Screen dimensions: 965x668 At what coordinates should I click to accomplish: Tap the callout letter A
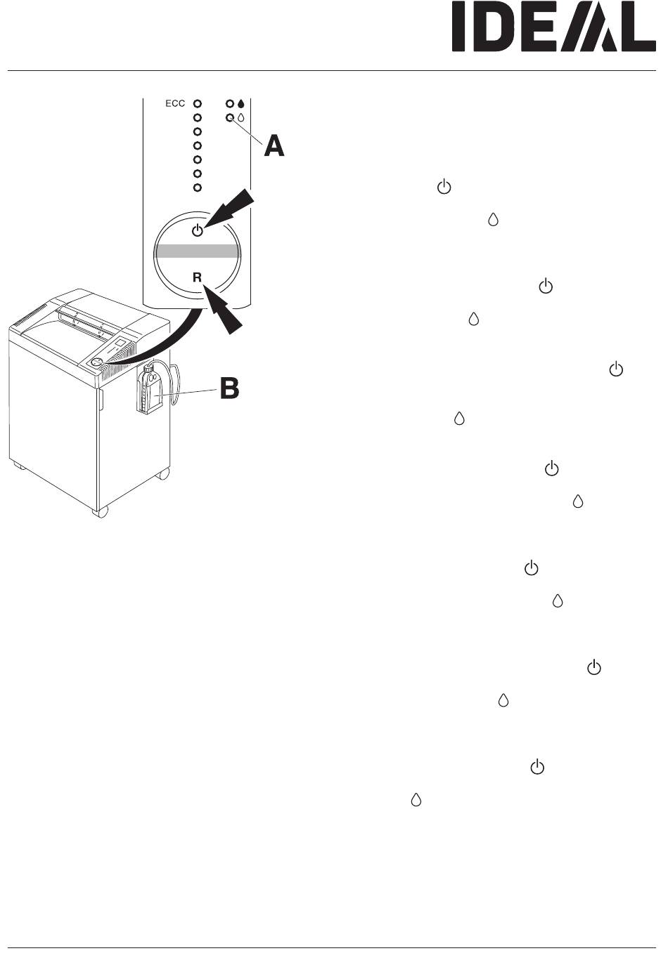(274, 146)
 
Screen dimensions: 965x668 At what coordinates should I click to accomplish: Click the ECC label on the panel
(175, 104)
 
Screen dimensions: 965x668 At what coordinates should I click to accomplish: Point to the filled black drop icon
(241, 103)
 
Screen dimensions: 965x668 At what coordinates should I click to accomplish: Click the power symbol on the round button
(198, 230)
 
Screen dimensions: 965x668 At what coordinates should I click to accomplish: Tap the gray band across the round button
(198, 251)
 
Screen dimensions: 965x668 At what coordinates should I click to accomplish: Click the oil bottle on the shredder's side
(149, 390)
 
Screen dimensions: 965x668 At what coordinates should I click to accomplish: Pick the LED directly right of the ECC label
(198, 103)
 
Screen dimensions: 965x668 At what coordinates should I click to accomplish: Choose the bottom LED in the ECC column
(198, 188)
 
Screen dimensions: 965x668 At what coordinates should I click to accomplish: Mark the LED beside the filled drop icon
(229, 103)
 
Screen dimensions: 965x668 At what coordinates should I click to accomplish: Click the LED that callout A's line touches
(229, 117)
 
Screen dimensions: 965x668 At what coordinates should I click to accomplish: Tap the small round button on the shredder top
(96, 362)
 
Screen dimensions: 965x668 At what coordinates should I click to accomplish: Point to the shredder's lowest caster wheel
(101, 513)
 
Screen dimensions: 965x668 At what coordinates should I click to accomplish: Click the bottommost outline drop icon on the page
(416, 799)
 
